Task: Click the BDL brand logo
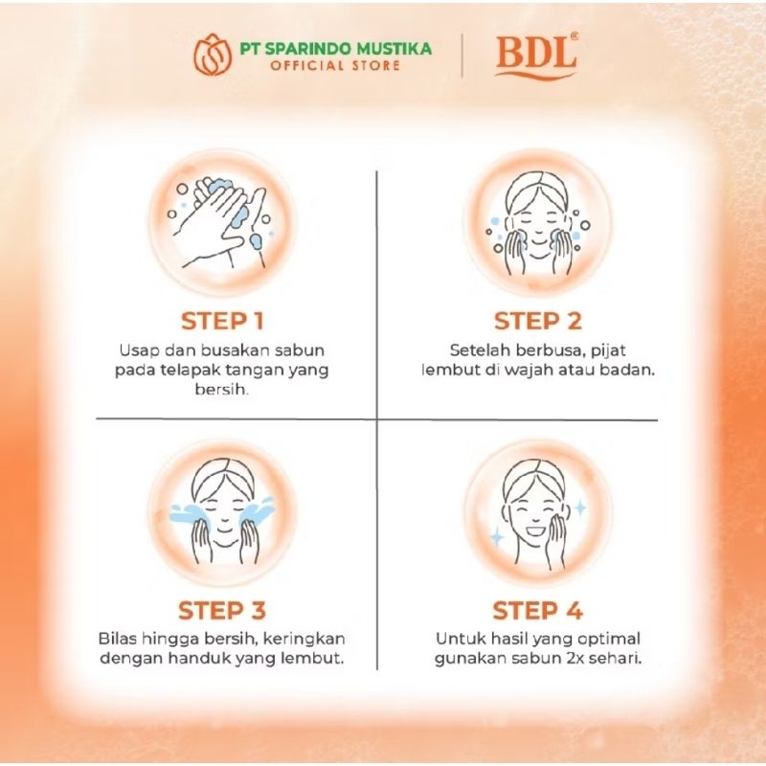coord(536,56)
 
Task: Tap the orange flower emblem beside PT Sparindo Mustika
coord(213,55)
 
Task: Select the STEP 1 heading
coord(222,322)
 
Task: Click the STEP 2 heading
coord(538,322)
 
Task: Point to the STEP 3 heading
coord(222,611)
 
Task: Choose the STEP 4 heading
coord(538,611)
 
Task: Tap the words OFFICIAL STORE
coord(335,65)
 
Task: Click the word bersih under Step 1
coord(221,390)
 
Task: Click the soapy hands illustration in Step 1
coord(222,223)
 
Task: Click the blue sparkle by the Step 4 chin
coord(497,536)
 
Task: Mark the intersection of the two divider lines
coord(376,419)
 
